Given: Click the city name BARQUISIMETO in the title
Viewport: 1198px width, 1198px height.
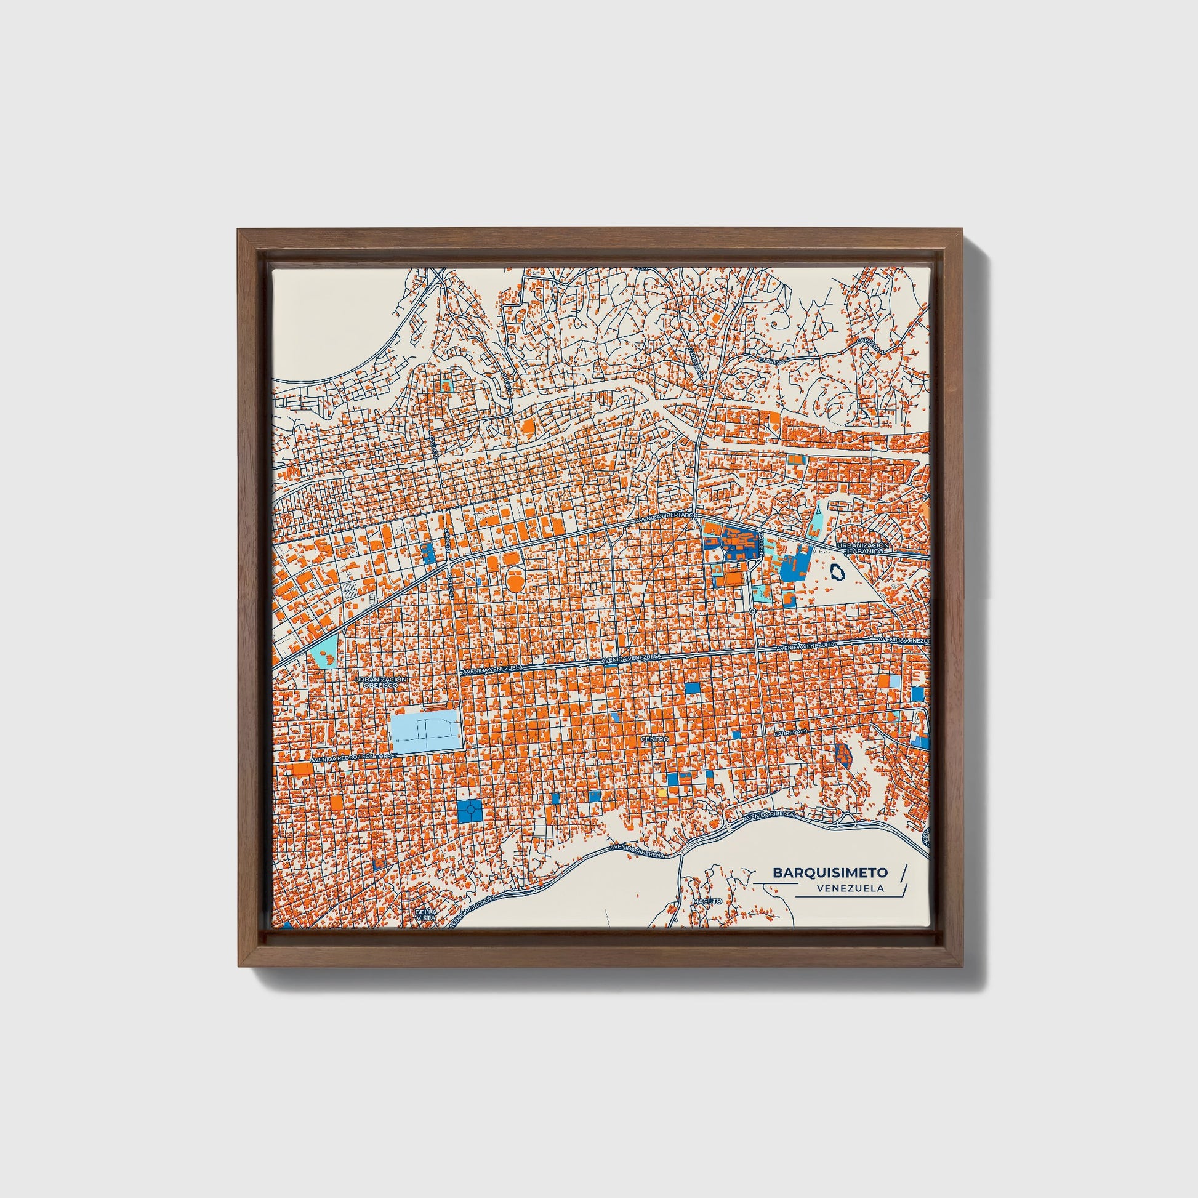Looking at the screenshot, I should [830, 872].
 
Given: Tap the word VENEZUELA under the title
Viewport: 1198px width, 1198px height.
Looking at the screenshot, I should [851, 888].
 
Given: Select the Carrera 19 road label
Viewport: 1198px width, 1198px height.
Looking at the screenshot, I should [789, 734].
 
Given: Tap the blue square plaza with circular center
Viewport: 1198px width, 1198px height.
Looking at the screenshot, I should [469, 810].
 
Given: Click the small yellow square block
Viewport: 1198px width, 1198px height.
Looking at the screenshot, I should [662, 793].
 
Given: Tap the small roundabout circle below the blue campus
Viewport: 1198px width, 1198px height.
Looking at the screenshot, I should [752, 611].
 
